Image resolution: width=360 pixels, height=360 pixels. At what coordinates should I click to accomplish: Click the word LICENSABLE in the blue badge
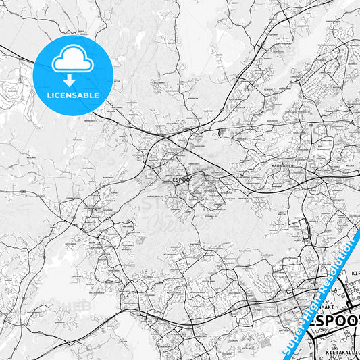point(73,95)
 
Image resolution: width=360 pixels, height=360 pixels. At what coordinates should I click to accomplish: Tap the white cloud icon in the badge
point(72,61)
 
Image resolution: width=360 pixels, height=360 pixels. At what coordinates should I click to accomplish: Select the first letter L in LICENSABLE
point(49,95)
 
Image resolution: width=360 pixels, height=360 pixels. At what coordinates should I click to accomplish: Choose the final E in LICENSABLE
point(97,95)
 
